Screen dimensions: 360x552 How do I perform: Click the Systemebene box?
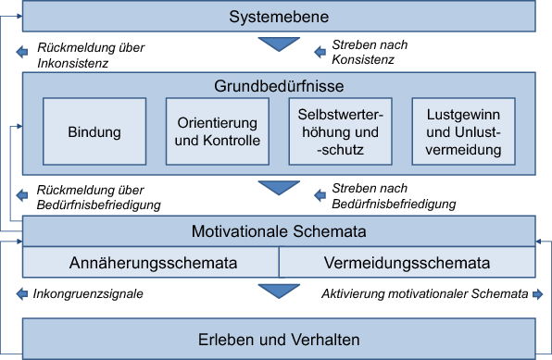point(279,18)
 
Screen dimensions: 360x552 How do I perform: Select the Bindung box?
point(94,131)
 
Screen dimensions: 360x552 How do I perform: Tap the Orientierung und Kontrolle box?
point(218,131)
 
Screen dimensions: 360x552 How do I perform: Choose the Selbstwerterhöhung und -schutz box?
point(341,131)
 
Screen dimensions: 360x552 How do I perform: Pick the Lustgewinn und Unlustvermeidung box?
point(464,131)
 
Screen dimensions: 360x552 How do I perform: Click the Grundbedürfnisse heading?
point(279,86)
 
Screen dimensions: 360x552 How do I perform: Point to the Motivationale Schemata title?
point(279,230)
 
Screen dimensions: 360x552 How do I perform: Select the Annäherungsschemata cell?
point(152,263)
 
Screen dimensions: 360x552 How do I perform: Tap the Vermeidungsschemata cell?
point(407,263)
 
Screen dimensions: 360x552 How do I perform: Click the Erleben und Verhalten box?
point(279,338)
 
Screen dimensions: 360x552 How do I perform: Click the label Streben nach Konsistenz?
point(370,52)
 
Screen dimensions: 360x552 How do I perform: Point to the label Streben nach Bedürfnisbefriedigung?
point(394,196)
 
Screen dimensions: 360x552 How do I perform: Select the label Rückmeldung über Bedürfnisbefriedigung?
point(98,196)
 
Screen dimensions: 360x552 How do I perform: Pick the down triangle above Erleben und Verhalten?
point(278,292)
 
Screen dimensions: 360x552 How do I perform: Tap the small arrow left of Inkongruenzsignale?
point(23,295)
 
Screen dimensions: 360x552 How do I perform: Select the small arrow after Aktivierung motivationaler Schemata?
point(535,295)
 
